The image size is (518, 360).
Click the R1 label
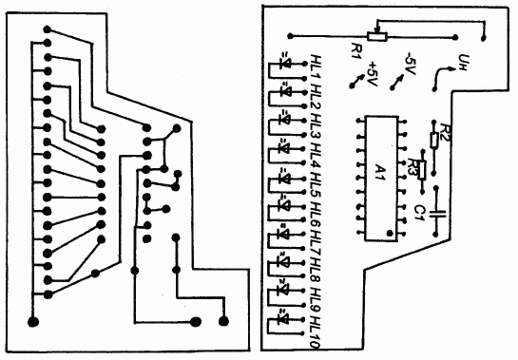(x=357, y=50)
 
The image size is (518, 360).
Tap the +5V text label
(x=373, y=73)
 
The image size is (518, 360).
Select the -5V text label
(x=410, y=64)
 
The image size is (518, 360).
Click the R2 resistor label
(x=445, y=131)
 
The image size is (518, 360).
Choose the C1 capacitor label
(x=419, y=213)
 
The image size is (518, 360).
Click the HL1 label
(x=317, y=67)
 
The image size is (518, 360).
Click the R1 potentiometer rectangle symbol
(x=377, y=36)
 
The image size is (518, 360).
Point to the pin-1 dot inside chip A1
(x=390, y=234)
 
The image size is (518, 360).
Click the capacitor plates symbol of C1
(x=436, y=213)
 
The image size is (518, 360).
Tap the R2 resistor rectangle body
(x=434, y=140)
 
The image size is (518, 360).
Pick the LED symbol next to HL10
(x=284, y=319)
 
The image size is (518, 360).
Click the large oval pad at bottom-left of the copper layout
(x=33, y=321)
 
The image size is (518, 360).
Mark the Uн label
(x=463, y=62)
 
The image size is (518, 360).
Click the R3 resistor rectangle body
(x=422, y=170)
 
